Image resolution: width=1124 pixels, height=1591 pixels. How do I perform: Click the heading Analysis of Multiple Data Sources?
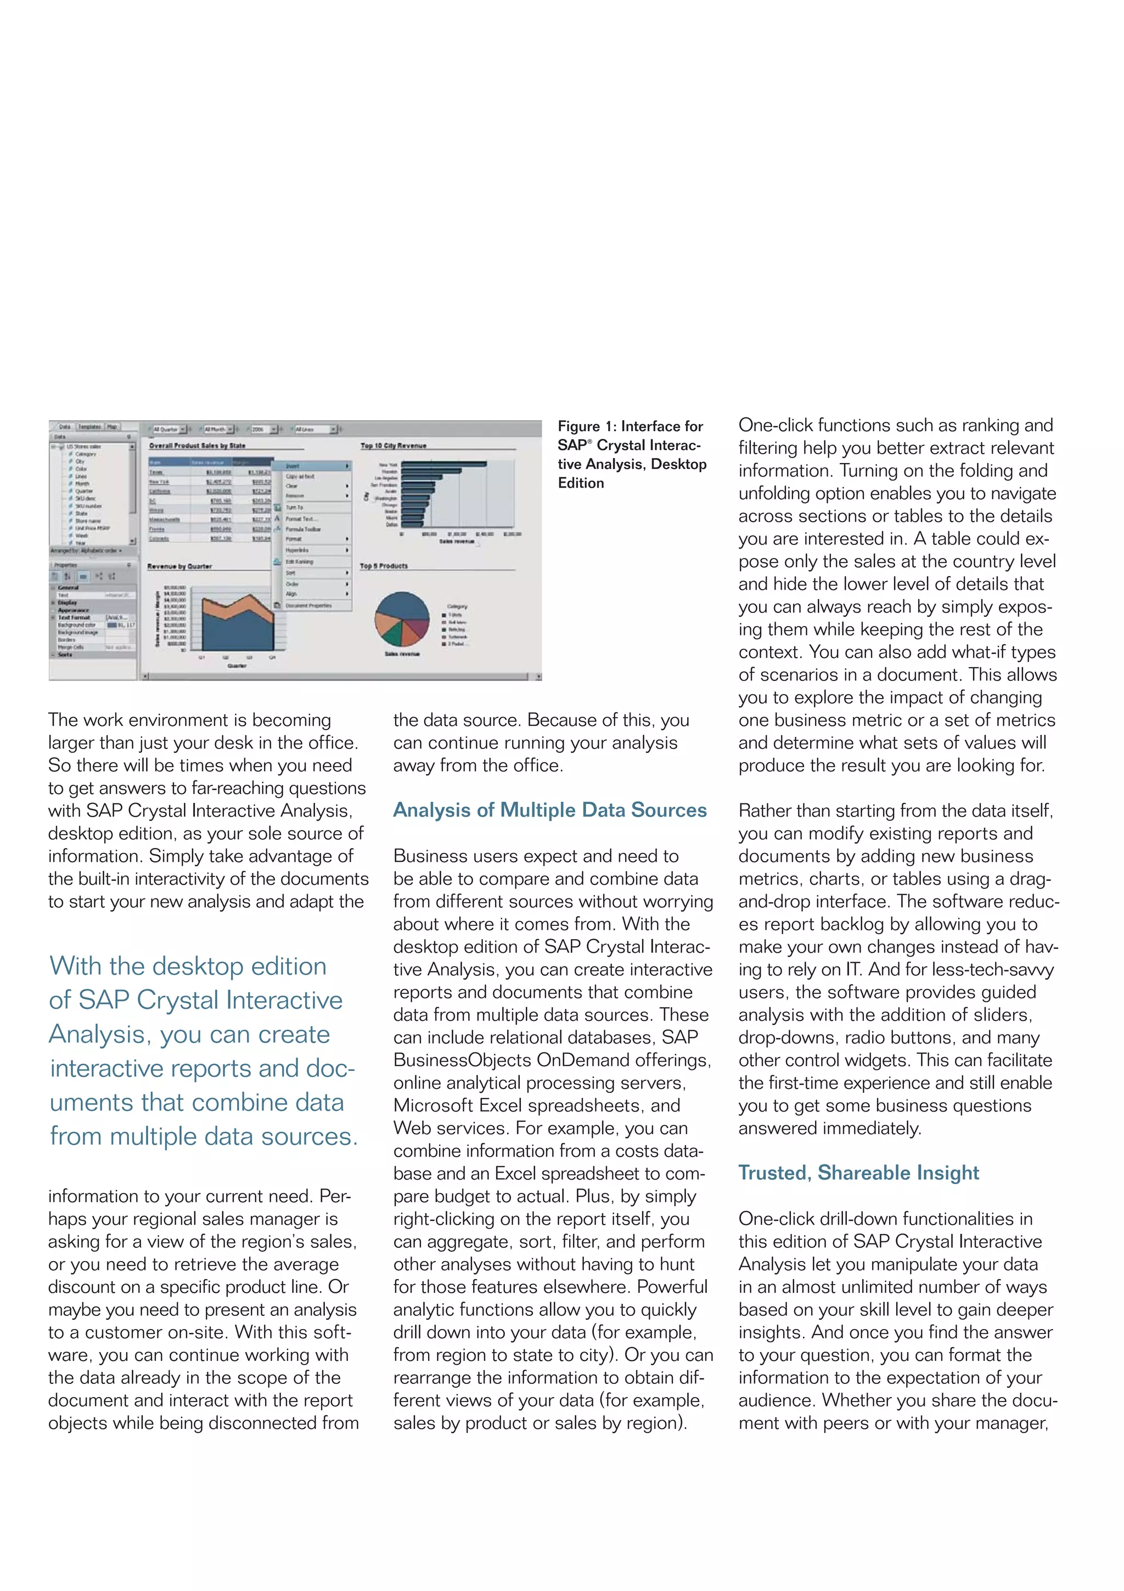click(549, 810)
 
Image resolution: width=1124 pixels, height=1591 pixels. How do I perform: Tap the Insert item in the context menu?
click(294, 466)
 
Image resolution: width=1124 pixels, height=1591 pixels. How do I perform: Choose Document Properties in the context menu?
click(308, 606)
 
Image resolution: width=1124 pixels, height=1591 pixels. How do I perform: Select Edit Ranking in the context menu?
click(299, 562)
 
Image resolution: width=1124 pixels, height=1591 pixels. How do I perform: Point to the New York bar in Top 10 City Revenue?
click(443, 464)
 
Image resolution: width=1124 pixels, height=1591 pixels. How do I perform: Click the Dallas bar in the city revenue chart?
click(412, 524)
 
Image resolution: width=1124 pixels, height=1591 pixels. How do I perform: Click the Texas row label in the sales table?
click(156, 472)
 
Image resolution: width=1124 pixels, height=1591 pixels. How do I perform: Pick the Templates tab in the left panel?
click(89, 427)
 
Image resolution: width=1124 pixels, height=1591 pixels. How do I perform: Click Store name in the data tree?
click(88, 521)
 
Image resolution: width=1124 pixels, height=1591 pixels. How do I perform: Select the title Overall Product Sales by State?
click(198, 445)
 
